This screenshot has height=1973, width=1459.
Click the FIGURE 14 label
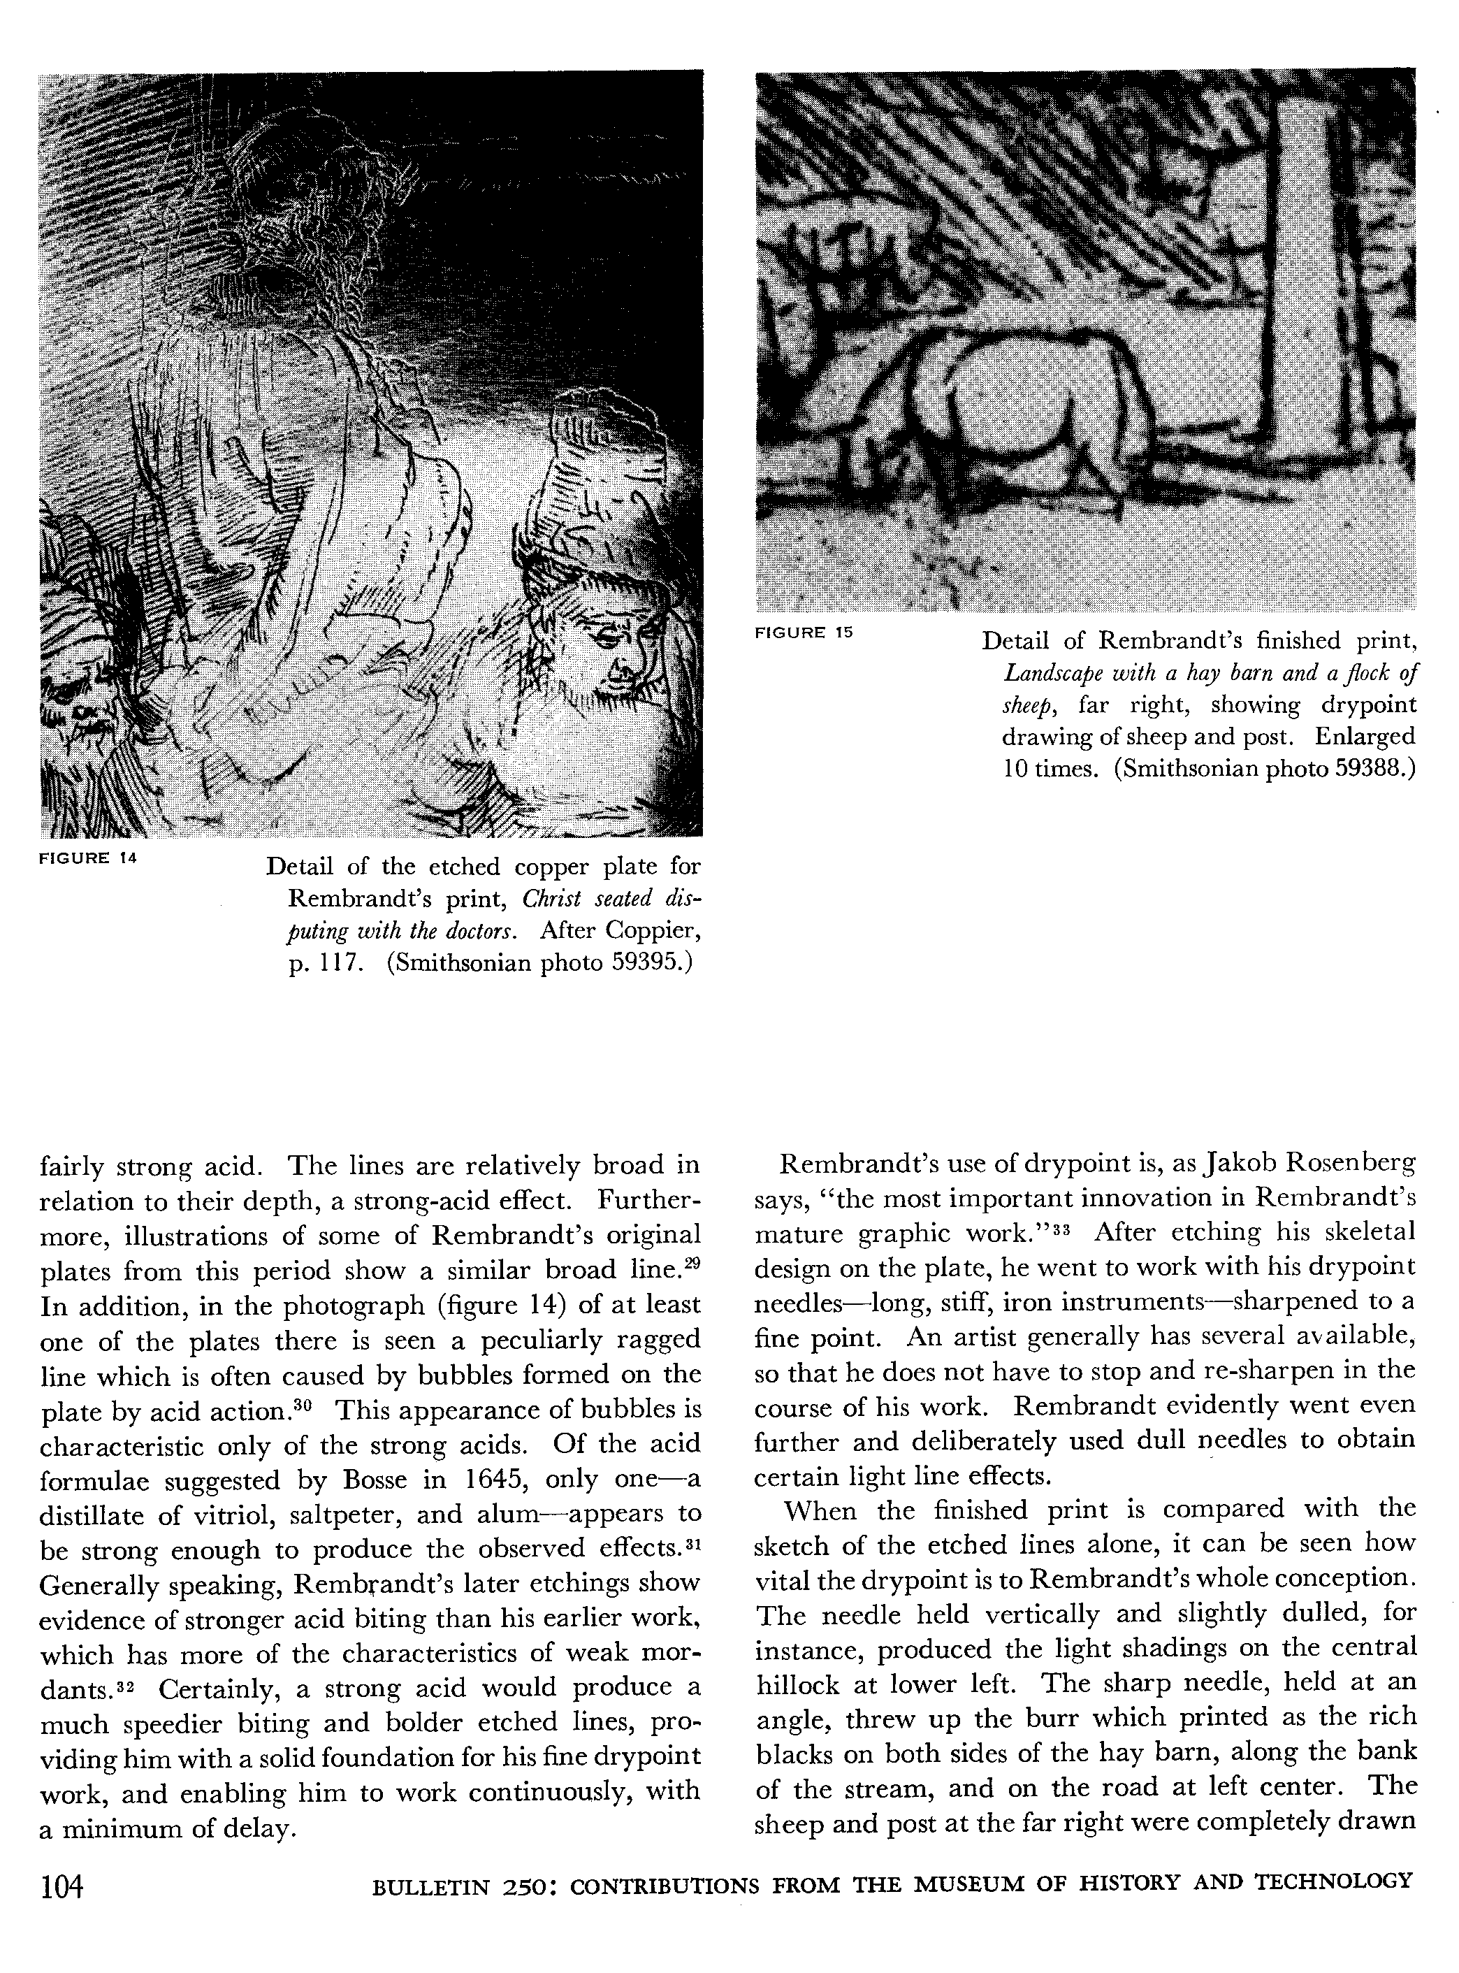87,858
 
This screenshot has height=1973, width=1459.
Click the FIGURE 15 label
803,633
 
